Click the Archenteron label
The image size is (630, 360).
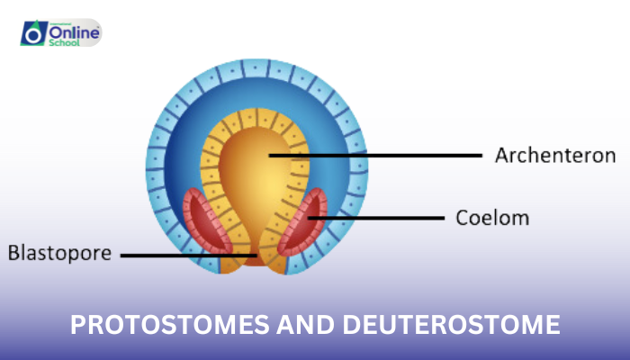click(554, 155)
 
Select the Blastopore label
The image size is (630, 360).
click(58, 254)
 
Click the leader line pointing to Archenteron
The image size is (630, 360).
click(378, 155)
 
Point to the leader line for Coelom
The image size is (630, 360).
click(378, 217)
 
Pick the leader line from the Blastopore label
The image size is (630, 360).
click(180, 255)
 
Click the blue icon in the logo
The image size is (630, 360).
click(33, 33)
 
